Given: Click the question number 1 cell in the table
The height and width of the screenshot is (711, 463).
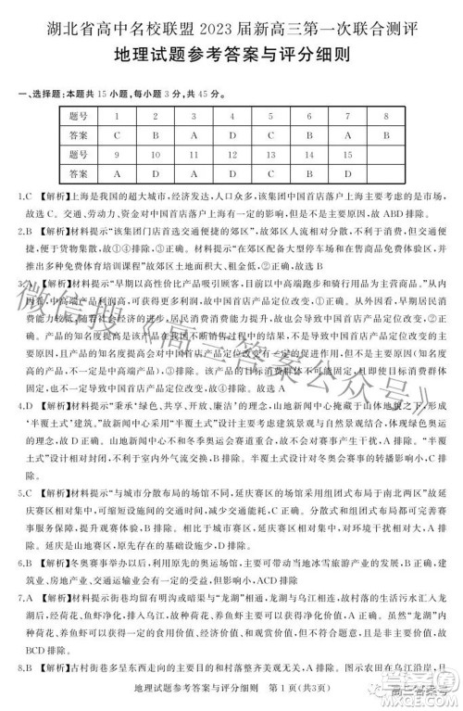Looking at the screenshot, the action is (x=115, y=116).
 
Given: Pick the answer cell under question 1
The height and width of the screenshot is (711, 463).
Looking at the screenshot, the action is (x=115, y=134).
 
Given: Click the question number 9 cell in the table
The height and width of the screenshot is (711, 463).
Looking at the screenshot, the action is (x=115, y=154).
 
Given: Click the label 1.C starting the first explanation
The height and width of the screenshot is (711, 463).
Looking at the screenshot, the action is (x=24, y=197).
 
